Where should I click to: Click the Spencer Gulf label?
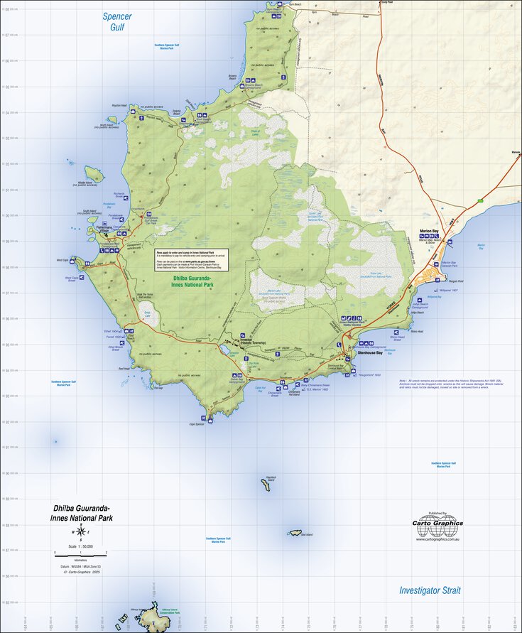tap(116, 21)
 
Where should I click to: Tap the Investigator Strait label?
tap(429, 590)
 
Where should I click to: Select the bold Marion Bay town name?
tap(429, 231)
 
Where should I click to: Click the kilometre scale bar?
tap(80, 553)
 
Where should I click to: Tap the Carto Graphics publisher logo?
tap(438, 526)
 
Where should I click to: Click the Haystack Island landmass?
tap(266, 485)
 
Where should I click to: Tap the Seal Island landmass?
tap(295, 533)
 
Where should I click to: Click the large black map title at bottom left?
tap(82, 513)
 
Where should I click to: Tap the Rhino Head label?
tap(417, 331)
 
